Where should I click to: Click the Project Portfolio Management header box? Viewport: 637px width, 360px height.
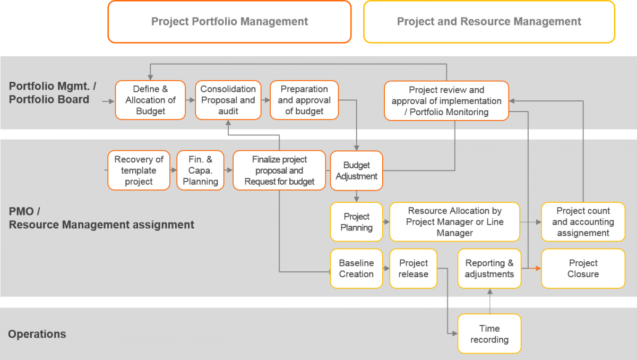click(x=229, y=22)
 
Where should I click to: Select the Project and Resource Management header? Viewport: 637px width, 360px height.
click(x=489, y=22)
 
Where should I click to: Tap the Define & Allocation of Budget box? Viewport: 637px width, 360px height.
click(x=150, y=100)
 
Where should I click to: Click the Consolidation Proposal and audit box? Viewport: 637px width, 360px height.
click(x=228, y=100)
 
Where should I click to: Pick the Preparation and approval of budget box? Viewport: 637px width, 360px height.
click(x=304, y=100)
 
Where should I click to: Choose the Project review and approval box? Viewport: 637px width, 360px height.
click(x=446, y=100)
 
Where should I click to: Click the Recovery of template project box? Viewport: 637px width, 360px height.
click(x=139, y=170)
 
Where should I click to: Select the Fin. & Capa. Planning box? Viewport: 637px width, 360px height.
click(x=200, y=170)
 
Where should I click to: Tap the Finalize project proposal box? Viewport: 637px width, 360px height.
click(x=279, y=170)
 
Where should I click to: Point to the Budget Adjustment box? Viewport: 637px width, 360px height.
click(x=356, y=170)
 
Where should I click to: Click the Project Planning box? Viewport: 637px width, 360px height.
click(x=356, y=222)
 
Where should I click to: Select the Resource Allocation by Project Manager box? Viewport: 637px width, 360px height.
click(x=454, y=222)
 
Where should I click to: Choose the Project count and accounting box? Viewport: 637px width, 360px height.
click(x=583, y=222)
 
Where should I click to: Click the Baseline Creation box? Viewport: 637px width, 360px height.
click(x=356, y=269)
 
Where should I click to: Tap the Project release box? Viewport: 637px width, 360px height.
click(x=413, y=269)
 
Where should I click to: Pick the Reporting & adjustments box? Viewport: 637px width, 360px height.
click(x=489, y=269)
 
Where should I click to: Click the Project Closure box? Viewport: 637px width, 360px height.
click(x=583, y=269)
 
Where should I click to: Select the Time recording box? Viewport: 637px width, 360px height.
click(x=489, y=334)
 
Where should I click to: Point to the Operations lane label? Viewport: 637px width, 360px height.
click(x=37, y=334)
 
